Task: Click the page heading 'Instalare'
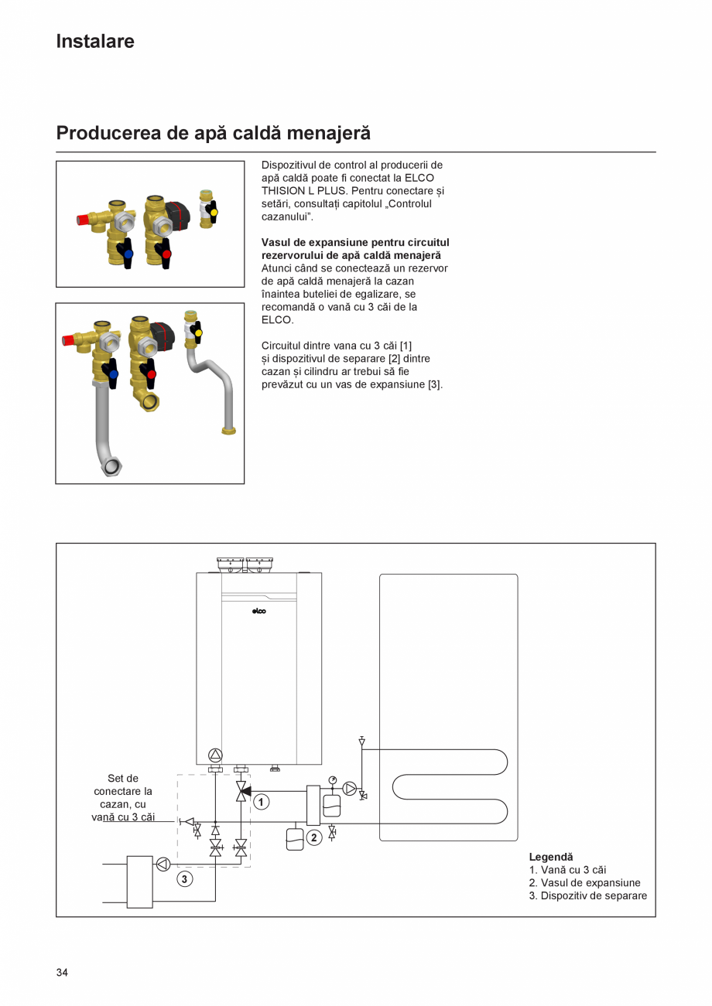tap(94, 42)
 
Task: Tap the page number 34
tap(62, 972)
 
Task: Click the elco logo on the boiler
tap(259, 612)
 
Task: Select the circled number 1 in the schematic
tap(262, 802)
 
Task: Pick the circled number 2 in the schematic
tap(314, 837)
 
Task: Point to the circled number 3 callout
tap(184, 878)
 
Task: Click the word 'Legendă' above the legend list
tap(551, 857)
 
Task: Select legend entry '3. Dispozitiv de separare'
tap(587, 895)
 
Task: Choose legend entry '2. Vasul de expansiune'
tap(584, 882)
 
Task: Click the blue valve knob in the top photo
tap(128, 254)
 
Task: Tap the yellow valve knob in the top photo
tap(214, 211)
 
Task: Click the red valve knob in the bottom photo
tap(152, 374)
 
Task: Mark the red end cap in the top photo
tap(82, 220)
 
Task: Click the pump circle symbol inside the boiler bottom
tap(215, 755)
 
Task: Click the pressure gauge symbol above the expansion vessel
tap(332, 779)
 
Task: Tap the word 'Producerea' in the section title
tap(108, 133)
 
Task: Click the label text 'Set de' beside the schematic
tap(122, 778)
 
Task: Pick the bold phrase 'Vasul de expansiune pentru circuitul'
tap(355, 242)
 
